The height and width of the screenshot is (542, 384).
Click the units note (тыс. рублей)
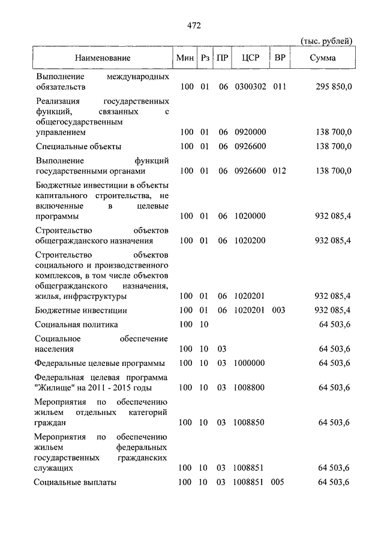pyautogui.click(x=326, y=41)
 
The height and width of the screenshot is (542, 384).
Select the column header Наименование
pyautogui.click(x=103, y=58)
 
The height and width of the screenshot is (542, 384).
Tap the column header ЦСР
pyautogui.click(x=250, y=58)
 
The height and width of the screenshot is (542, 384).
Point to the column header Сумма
pyautogui.click(x=323, y=58)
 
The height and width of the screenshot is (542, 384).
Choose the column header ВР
pyautogui.click(x=279, y=58)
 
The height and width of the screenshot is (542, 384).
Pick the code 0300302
pyautogui.click(x=250, y=87)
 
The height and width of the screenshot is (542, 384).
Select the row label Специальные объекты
pyautogui.click(x=79, y=146)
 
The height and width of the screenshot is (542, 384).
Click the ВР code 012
pyautogui.click(x=280, y=171)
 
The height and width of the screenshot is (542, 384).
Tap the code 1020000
pyautogui.click(x=250, y=216)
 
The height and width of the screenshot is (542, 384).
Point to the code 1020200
pyautogui.click(x=250, y=241)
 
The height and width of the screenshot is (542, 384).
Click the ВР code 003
pyautogui.click(x=280, y=310)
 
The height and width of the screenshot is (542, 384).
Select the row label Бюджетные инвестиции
pyautogui.click(x=81, y=310)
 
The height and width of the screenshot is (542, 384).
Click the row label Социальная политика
pyautogui.click(x=76, y=325)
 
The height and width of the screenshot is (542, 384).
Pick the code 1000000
pyautogui.click(x=250, y=363)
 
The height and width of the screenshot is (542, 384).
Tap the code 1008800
pyautogui.click(x=250, y=387)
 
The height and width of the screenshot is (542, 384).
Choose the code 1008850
pyautogui.click(x=250, y=422)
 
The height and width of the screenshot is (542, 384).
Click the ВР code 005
pyautogui.click(x=280, y=482)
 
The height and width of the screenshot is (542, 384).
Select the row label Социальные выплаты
pyautogui.click(x=76, y=482)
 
